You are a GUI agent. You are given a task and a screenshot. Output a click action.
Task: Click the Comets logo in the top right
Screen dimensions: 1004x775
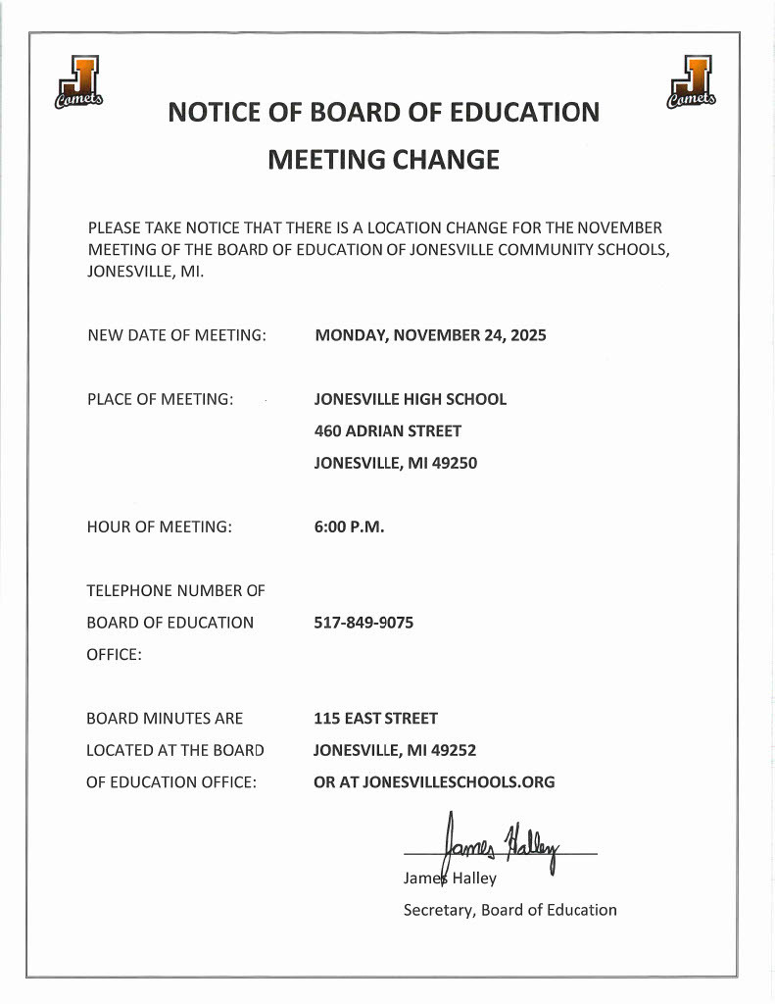(692, 82)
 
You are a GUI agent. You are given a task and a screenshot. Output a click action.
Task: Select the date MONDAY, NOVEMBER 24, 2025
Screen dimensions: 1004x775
(430, 335)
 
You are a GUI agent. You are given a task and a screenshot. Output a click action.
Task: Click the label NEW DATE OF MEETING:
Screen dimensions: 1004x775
(176, 335)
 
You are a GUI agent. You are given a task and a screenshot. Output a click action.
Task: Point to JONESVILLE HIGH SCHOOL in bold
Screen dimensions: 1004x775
(410, 399)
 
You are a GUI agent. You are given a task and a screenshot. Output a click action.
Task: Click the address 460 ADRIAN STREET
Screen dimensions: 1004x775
(387, 430)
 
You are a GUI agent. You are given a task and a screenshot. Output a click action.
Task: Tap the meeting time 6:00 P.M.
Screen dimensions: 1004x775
(349, 527)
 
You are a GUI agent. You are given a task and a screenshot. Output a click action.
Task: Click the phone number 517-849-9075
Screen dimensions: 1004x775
(363, 623)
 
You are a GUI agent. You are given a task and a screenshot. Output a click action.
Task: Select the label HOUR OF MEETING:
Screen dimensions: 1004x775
(159, 527)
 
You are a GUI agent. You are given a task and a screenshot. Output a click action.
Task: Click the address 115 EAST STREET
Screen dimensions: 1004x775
(375, 719)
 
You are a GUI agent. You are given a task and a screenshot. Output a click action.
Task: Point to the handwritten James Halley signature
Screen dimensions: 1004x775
(500, 839)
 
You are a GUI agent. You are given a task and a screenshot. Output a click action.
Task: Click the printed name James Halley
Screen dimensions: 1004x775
(450, 878)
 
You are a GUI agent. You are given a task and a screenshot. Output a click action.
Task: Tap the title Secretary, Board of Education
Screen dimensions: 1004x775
(509, 910)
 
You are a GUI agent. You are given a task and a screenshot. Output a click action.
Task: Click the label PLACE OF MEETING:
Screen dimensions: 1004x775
(159, 399)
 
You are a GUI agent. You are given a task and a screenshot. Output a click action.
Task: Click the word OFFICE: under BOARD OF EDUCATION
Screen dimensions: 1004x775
(114, 655)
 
